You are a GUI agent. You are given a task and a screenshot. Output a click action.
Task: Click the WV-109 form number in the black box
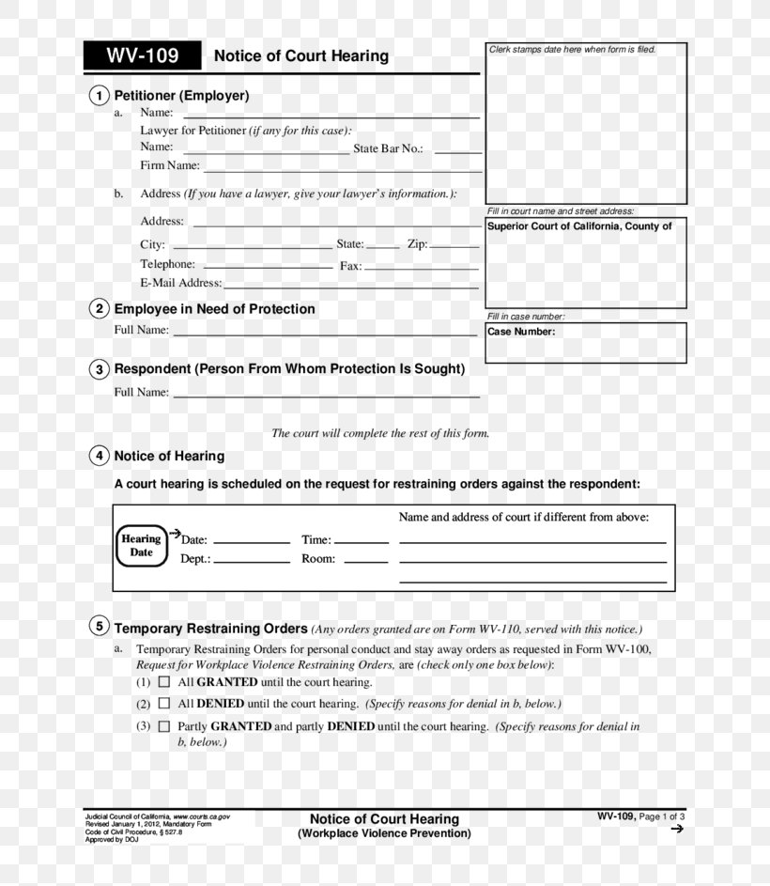point(143,55)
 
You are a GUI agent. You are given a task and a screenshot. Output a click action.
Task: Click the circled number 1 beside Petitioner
point(99,96)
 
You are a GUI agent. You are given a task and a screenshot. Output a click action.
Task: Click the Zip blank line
point(454,246)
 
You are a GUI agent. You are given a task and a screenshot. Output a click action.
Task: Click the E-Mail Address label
point(181,283)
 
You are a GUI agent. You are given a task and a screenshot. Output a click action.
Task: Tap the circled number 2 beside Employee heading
point(99,309)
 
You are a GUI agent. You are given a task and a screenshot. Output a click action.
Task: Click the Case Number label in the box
point(521,332)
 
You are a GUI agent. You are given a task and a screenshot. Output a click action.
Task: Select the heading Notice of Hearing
point(169,456)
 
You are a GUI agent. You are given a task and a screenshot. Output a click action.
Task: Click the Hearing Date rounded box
point(141,546)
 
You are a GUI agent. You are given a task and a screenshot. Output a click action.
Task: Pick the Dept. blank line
point(252,561)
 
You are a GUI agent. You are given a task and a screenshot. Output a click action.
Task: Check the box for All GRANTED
point(164,682)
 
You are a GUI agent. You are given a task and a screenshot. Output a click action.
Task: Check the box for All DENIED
point(164,703)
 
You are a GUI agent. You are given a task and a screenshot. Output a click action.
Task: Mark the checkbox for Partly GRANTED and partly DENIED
point(164,726)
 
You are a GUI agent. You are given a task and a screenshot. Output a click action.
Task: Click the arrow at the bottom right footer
point(677,830)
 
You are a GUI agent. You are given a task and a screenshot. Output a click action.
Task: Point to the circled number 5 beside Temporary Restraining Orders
point(99,627)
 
